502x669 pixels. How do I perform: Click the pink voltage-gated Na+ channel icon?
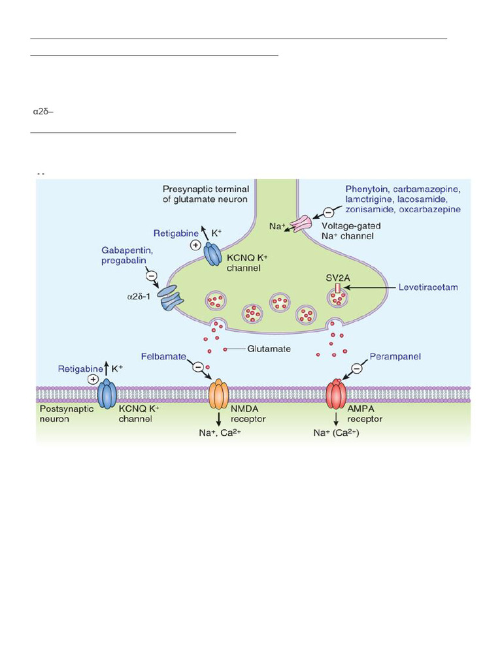coord(303,223)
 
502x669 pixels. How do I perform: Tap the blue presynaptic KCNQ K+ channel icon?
coord(215,253)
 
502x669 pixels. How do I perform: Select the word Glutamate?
coord(269,350)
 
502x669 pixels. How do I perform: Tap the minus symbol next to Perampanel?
coord(357,369)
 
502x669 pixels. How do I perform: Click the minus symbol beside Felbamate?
coord(197,367)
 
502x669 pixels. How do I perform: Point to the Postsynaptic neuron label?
coord(65,414)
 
